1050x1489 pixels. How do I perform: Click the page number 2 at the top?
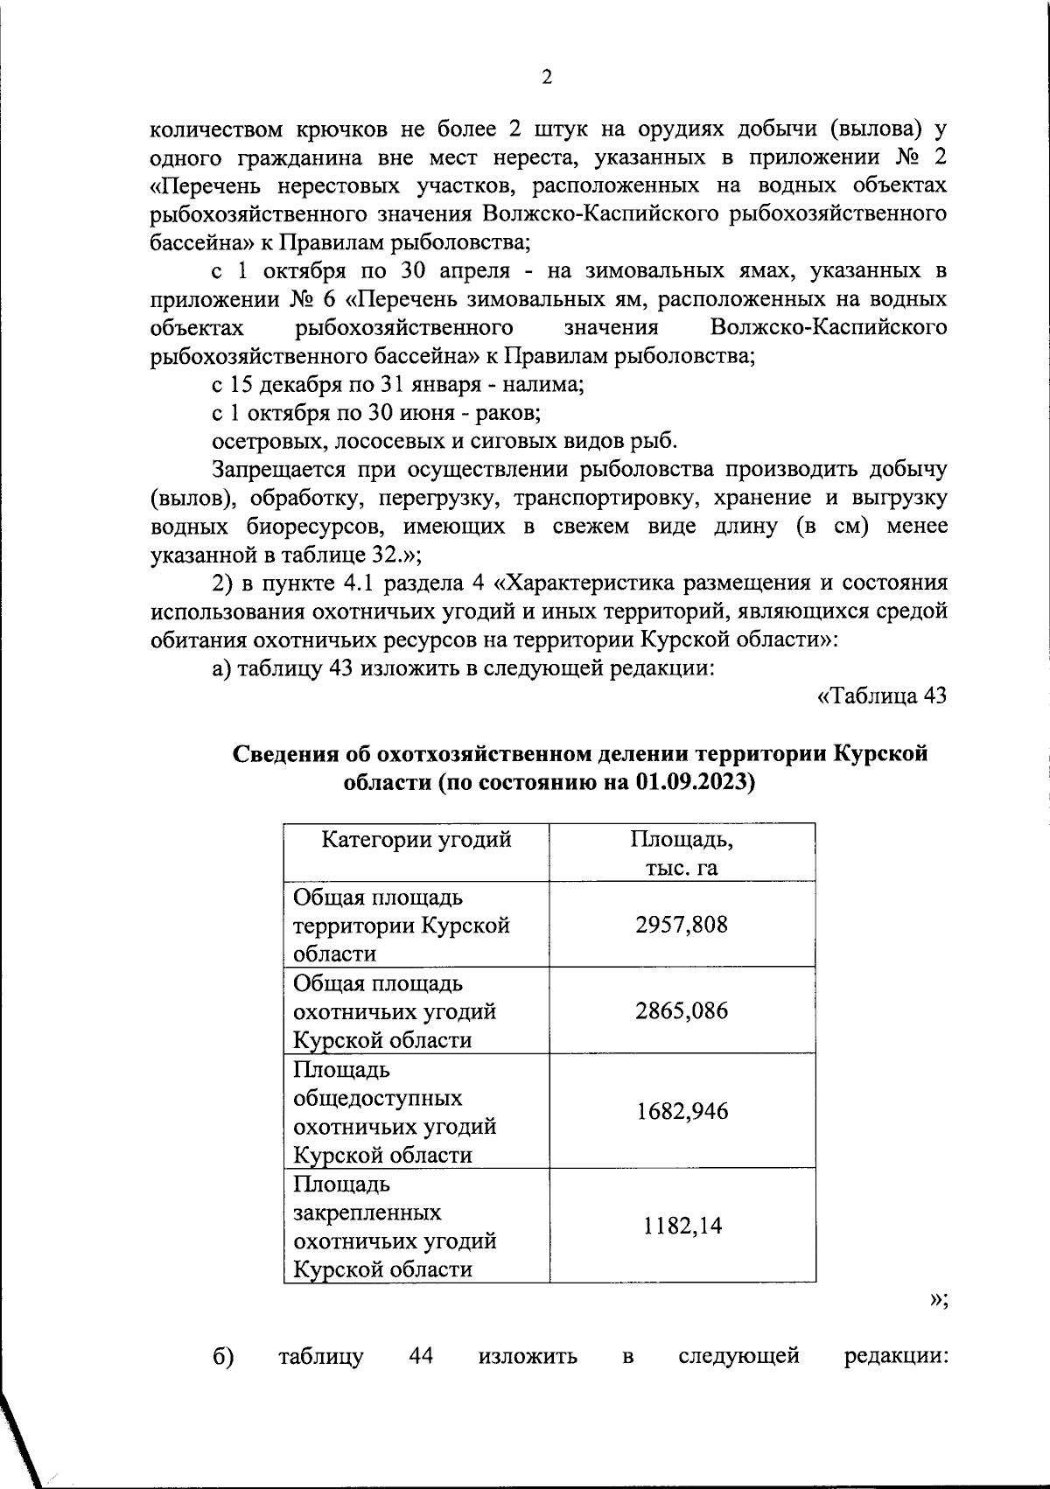coord(547,78)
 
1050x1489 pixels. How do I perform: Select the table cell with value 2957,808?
coord(681,925)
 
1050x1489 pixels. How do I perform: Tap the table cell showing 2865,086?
coord(681,1011)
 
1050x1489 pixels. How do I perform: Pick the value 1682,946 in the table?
coord(681,1112)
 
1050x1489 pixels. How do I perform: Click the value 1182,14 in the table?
coord(681,1227)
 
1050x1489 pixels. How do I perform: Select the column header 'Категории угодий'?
coord(416,841)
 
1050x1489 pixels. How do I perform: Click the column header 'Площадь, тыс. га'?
coord(681,853)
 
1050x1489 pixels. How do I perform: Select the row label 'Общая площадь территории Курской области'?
coord(401,925)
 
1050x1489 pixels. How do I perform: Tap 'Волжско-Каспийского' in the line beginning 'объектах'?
coord(829,328)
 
